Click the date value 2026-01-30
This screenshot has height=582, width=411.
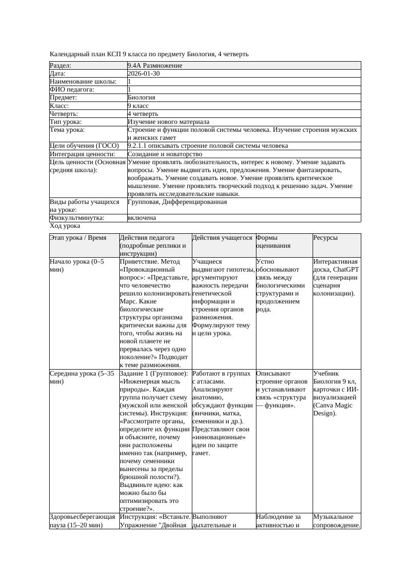(144, 74)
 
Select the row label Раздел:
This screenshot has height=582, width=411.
(61, 66)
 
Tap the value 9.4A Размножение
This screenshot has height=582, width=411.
(155, 66)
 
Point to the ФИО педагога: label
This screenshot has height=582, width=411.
(72, 90)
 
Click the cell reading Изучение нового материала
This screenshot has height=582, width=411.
(168, 122)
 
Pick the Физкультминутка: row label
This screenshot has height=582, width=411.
(77, 218)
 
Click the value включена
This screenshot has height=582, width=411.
(142, 218)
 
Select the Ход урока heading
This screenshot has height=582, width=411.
(65, 226)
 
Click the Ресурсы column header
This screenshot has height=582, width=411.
(326, 238)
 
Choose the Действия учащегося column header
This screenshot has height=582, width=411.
(222, 238)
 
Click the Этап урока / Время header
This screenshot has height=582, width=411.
(78, 238)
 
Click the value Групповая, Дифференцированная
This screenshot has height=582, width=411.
(177, 202)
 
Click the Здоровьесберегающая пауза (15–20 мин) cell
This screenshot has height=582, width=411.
(82, 521)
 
